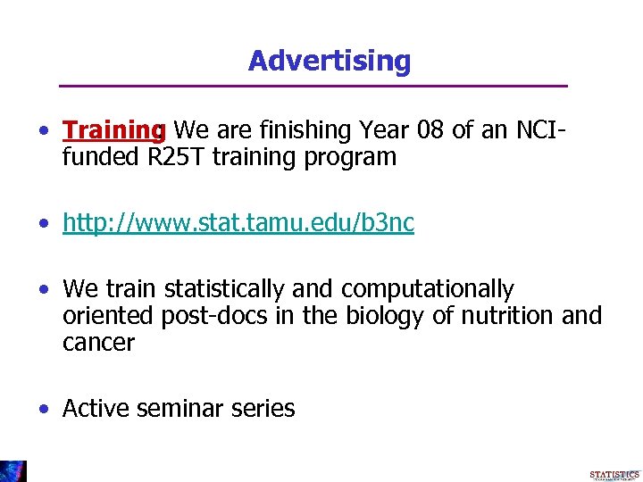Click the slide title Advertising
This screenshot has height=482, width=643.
tap(330, 61)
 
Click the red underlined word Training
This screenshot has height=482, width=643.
tap(113, 131)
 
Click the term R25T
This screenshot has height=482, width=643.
tap(173, 158)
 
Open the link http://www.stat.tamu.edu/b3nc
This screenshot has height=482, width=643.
tap(238, 223)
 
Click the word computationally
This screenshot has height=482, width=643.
tap(428, 290)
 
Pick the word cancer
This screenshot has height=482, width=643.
tap(98, 343)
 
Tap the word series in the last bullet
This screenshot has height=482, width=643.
tap(266, 409)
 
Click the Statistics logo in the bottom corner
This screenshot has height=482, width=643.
tap(614, 475)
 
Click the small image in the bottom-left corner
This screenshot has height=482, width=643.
tap(13, 470)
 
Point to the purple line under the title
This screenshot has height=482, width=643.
tap(313, 87)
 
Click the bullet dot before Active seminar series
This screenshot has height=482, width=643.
tap(44, 410)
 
